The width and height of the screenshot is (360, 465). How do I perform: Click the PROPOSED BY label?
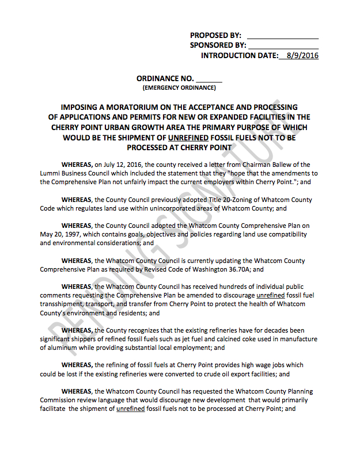215,35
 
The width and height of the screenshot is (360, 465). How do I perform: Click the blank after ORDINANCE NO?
209,79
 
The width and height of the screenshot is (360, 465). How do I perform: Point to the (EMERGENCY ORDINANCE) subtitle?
179,88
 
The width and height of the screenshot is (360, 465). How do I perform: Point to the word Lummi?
51,173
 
